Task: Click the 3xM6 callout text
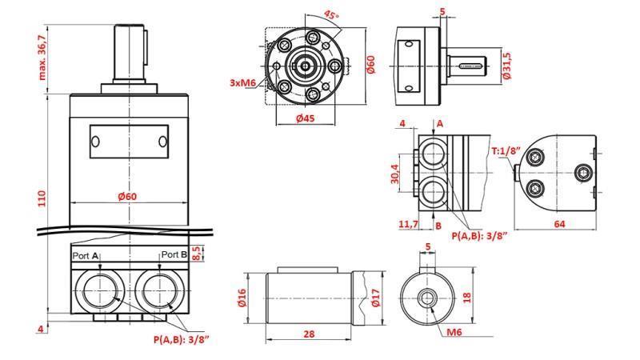coord(243,82)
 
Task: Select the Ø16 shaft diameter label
coord(242,298)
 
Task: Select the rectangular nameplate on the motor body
coord(129,142)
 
